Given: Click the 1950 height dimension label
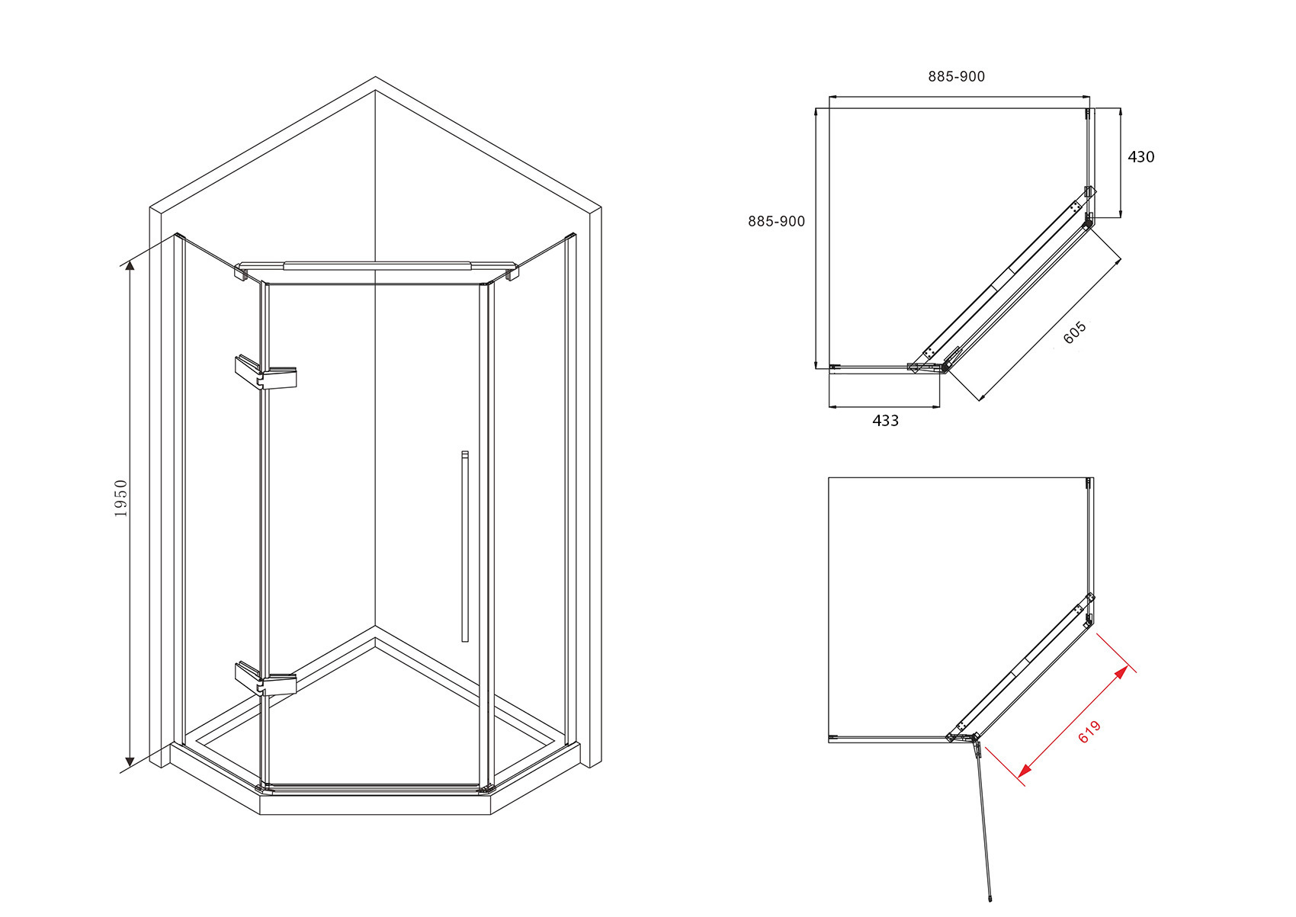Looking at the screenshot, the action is click(121, 498).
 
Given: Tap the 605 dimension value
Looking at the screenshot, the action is click(1075, 332).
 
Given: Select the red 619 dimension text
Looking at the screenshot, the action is click(1089, 732).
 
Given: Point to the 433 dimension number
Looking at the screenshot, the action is click(885, 421).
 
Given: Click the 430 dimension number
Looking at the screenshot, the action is click(1141, 157).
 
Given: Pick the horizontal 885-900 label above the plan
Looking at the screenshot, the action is click(957, 76).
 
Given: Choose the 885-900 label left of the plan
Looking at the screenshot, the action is click(776, 221).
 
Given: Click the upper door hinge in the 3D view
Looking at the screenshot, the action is click(265, 373).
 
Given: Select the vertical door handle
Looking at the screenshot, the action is click(464, 546).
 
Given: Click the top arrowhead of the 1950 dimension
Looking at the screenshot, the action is click(130, 265).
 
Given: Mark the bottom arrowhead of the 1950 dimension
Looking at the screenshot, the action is click(130, 762).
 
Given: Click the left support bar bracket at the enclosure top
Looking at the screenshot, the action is click(242, 272).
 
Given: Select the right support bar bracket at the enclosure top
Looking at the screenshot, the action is click(512, 272).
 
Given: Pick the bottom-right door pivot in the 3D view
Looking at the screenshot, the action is click(486, 788).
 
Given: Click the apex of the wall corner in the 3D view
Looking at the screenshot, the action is click(375, 77).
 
